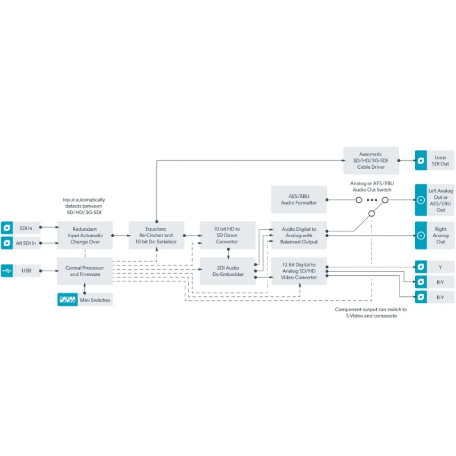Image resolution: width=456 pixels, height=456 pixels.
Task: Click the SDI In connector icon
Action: coord(7,228)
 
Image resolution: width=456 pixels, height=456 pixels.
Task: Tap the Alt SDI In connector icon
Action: coord(7,243)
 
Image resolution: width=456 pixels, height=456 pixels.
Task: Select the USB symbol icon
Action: coord(7,270)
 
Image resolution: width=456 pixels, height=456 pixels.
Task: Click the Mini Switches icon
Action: coord(67,300)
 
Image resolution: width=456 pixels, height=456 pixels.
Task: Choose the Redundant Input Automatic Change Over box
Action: coord(85,235)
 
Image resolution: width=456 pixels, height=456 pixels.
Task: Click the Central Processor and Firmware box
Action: coord(85,271)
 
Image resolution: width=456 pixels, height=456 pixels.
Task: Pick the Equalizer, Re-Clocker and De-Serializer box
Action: coord(156,235)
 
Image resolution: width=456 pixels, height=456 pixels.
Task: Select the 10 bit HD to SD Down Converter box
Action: coord(227,235)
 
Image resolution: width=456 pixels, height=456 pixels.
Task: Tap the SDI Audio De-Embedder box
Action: coord(227,271)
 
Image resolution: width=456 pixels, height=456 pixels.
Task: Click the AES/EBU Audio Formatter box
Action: coord(299,199)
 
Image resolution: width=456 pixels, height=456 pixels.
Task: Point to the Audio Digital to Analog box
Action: coord(299,235)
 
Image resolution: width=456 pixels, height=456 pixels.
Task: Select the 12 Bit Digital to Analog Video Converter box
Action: coord(299,271)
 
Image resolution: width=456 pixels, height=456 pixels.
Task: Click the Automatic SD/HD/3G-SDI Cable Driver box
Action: coord(370,160)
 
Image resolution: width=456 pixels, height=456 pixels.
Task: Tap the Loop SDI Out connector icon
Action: coord(421,160)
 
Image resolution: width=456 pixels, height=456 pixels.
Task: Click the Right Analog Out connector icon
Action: coord(421,235)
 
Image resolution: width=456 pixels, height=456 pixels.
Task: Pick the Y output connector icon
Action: coord(421,266)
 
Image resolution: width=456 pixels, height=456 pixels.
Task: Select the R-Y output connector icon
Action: coord(421,282)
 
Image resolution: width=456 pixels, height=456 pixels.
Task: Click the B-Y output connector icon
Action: coord(421,297)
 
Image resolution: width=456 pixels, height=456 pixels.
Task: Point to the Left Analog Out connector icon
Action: coord(421,199)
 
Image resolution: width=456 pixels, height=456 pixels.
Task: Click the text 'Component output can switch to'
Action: coord(370,310)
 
